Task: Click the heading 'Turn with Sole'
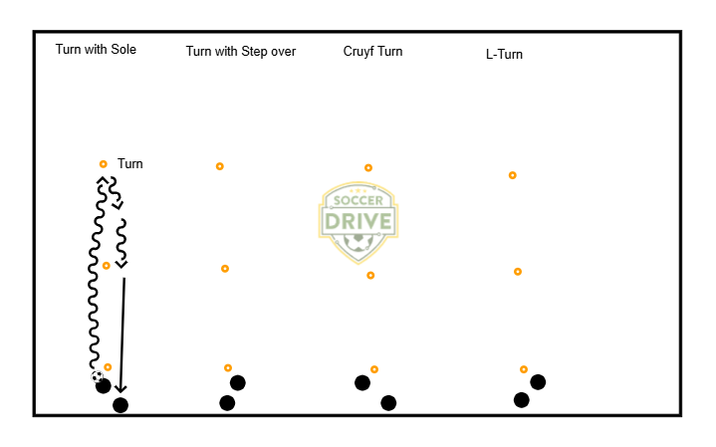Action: pos(96,50)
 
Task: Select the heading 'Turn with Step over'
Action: pos(241,52)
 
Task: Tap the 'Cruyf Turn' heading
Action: pos(372,52)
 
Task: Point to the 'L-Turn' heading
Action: pos(498,55)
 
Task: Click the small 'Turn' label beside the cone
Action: pos(129,163)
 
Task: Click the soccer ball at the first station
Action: pos(97,377)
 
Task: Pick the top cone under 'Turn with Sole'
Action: pos(103,164)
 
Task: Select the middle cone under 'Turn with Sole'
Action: pos(107,266)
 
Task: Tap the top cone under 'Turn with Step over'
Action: pos(220,166)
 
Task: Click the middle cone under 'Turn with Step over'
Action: pos(225,269)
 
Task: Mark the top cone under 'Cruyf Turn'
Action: pos(368,168)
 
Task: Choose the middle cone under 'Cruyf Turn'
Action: pos(370,276)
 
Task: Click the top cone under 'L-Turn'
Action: pos(513,175)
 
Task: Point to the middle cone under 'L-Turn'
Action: pos(518,272)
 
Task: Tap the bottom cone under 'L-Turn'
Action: pos(524,369)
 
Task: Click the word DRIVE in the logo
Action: pos(358,219)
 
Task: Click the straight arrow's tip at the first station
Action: pos(119,391)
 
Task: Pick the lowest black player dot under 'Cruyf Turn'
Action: pos(388,403)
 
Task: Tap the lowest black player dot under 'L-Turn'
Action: pos(522,400)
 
